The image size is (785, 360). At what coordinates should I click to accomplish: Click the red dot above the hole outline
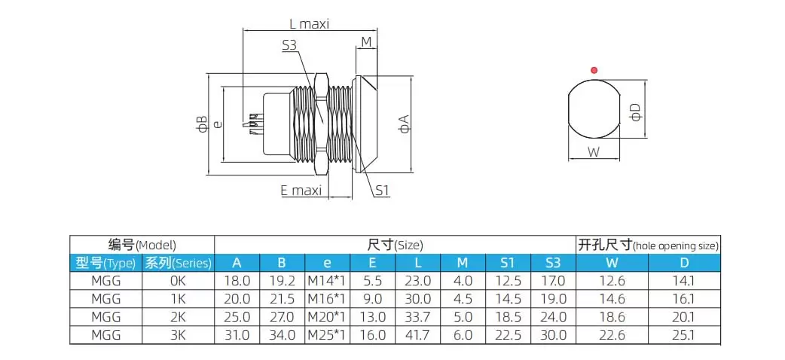pyautogui.click(x=594, y=70)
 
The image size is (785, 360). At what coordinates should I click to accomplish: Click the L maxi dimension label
pyautogui.click(x=310, y=23)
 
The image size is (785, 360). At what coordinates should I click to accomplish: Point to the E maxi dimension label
pyautogui.click(x=301, y=191)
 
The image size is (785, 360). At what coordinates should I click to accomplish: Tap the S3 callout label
pyautogui.click(x=290, y=46)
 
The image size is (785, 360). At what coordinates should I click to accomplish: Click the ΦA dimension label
pyautogui.click(x=405, y=124)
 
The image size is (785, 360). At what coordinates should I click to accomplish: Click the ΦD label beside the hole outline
pyautogui.click(x=637, y=112)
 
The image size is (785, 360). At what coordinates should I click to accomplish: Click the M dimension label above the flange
pyautogui.click(x=367, y=41)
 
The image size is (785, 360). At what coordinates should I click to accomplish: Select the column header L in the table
pyautogui.click(x=417, y=263)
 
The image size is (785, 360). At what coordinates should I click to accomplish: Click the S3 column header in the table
pyautogui.click(x=553, y=263)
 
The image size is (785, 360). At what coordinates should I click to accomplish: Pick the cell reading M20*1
pyautogui.click(x=327, y=317)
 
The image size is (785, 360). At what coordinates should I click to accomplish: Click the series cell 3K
pyautogui.click(x=177, y=335)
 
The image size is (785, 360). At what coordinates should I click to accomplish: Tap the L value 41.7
pyautogui.click(x=417, y=335)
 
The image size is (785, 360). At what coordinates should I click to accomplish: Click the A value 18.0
pyautogui.click(x=237, y=281)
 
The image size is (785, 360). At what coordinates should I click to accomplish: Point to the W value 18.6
pyautogui.click(x=611, y=317)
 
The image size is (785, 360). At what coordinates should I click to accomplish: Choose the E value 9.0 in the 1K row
pyautogui.click(x=372, y=299)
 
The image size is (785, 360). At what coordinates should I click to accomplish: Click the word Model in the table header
pyautogui.click(x=156, y=245)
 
